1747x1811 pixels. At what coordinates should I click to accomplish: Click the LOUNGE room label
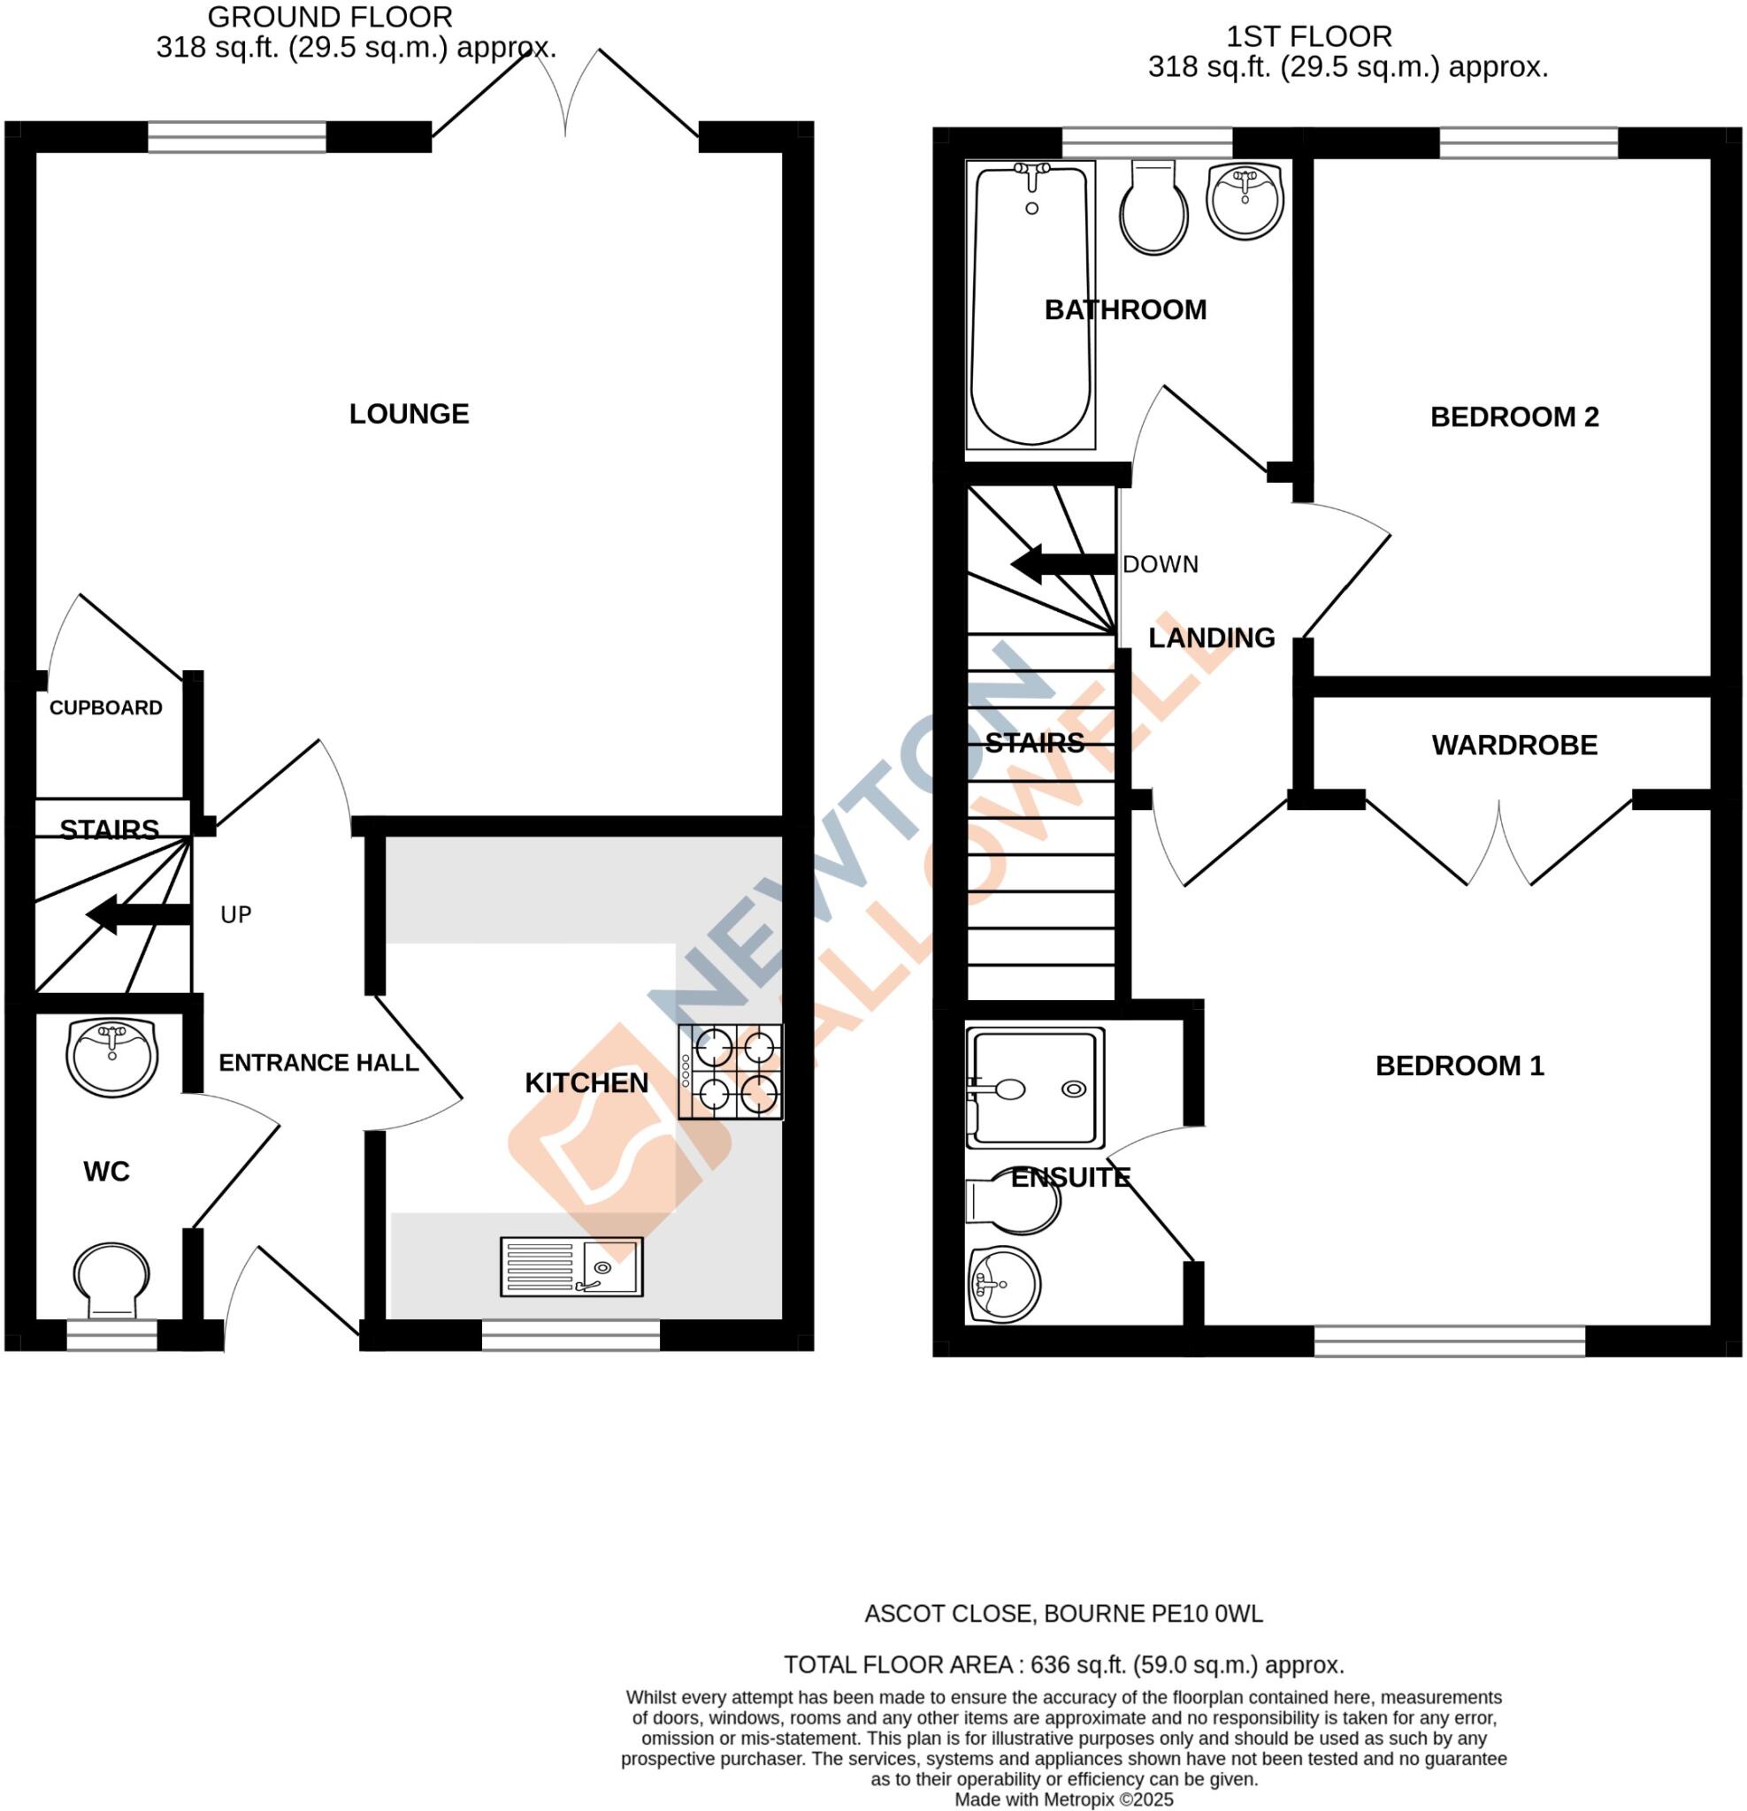[x=409, y=414]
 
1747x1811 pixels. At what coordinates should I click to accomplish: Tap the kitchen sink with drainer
[x=571, y=1267]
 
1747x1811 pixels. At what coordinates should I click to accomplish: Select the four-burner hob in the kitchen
[x=731, y=1072]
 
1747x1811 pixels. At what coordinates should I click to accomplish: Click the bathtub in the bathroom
[x=1031, y=305]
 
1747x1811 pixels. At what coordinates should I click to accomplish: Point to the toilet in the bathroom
[x=1153, y=208]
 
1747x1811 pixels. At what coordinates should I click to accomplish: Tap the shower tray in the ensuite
[x=1035, y=1089]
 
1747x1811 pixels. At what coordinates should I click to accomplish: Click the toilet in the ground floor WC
[x=111, y=1280]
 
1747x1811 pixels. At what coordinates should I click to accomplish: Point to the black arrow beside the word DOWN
[x=1061, y=563]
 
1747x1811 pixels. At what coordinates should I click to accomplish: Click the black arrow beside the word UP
[x=137, y=914]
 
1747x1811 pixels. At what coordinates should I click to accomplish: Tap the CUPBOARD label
[x=105, y=707]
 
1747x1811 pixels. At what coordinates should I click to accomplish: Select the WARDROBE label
[x=1514, y=745]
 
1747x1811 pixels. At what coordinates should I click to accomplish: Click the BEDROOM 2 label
[x=1514, y=416]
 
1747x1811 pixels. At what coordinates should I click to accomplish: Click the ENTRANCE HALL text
[x=318, y=1063]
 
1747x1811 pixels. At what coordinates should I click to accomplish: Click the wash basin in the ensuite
[x=1004, y=1284]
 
